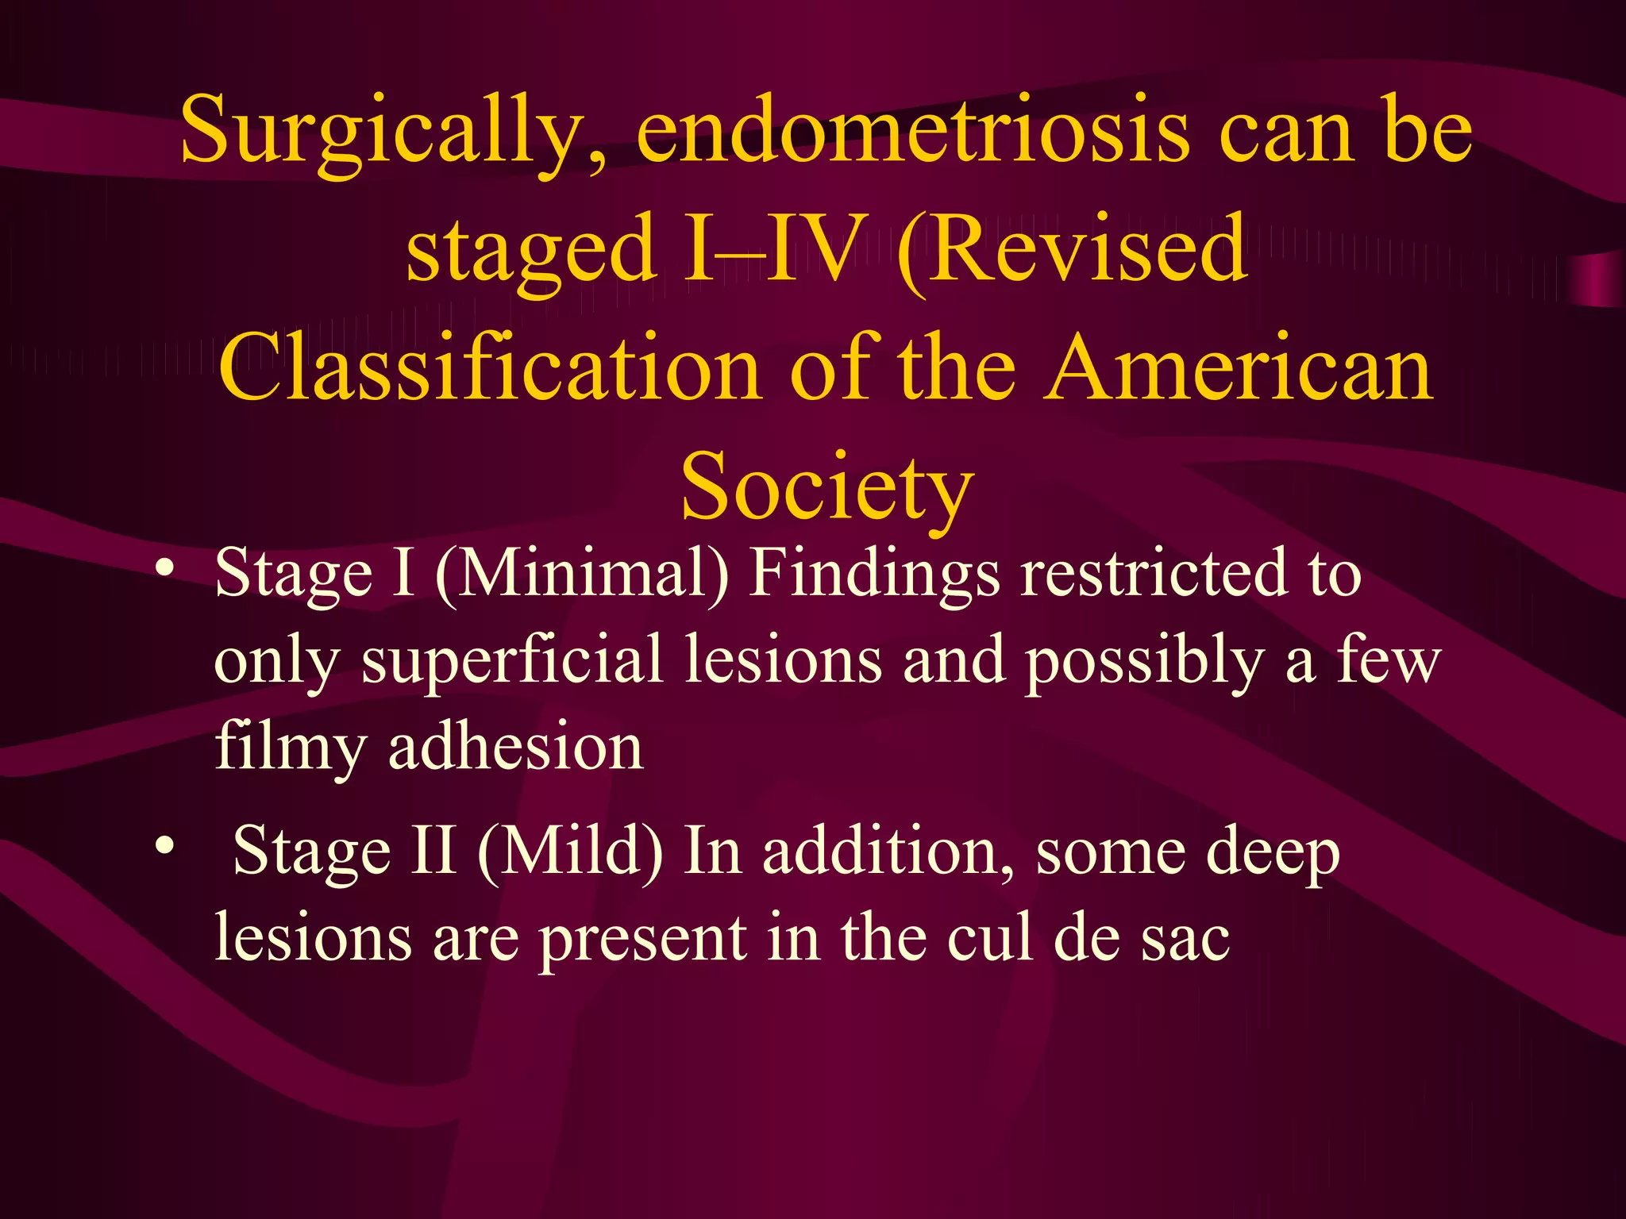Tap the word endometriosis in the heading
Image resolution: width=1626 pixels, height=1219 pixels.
[913, 130]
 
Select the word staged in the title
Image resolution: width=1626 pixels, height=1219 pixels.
[531, 250]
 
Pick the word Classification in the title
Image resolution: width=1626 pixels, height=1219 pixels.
[489, 368]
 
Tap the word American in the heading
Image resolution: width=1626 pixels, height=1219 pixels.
[1239, 368]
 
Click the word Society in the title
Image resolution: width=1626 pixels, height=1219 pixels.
[827, 486]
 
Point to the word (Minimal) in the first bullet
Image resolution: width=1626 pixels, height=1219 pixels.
[582, 573]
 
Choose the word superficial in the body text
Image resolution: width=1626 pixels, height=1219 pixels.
[512, 661]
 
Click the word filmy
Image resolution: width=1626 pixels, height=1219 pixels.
[291, 748]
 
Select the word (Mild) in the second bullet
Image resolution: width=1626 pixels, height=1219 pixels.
[570, 851]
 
